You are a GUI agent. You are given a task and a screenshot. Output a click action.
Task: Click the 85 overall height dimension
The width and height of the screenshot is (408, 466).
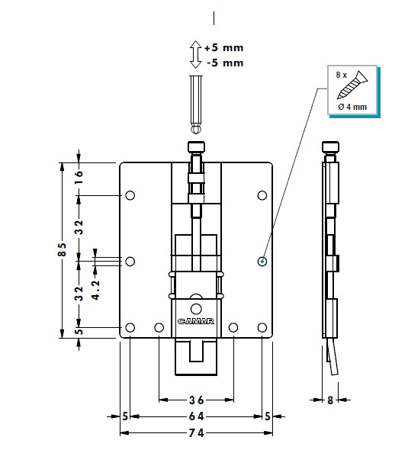click(x=62, y=249)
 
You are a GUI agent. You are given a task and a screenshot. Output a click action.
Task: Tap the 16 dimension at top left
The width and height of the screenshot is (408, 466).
click(x=79, y=177)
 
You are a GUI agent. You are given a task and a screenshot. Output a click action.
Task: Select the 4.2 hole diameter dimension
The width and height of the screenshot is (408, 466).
click(x=95, y=290)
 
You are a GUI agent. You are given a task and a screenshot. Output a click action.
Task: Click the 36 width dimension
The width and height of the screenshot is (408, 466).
click(x=197, y=400)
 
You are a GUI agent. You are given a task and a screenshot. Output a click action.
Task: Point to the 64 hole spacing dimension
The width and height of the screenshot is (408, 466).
click(x=197, y=416)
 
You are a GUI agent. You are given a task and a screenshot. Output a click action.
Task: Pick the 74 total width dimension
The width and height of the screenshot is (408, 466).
click(x=197, y=432)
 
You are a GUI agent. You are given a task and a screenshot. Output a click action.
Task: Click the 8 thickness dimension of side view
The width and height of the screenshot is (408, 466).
click(x=330, y=400)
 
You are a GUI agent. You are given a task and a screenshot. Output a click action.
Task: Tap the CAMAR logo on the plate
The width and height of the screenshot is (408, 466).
click(x=196, y=321)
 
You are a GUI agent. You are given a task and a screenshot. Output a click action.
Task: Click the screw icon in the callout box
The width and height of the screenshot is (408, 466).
click(x=352, y=85)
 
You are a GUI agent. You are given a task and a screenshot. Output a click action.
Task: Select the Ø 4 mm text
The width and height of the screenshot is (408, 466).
click(x=352, y=107)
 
